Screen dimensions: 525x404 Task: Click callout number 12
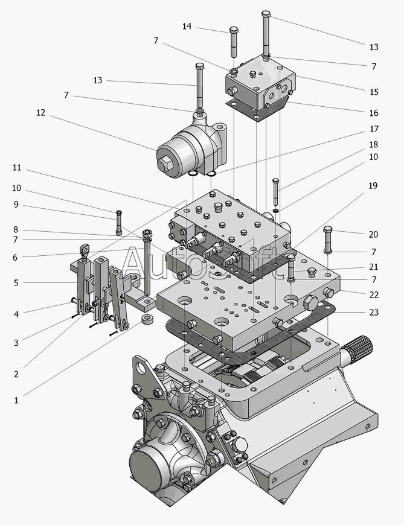coord(40,112)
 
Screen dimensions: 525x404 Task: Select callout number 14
coord(187,27)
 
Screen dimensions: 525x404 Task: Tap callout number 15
coord(374,92)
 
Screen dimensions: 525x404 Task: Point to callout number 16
coord(374,113)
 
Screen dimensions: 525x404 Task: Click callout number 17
coord(374,129)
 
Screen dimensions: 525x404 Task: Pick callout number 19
coord(374,185)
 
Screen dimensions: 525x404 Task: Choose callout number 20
coord(374,234)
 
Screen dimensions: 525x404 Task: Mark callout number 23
coord(374,312)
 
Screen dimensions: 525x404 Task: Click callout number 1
coord(16,399)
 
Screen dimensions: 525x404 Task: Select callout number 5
coord(16,282)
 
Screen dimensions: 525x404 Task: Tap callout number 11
coord(16,167)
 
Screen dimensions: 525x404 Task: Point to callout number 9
coord(16,205)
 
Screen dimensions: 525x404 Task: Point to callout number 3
coord(16,343)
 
